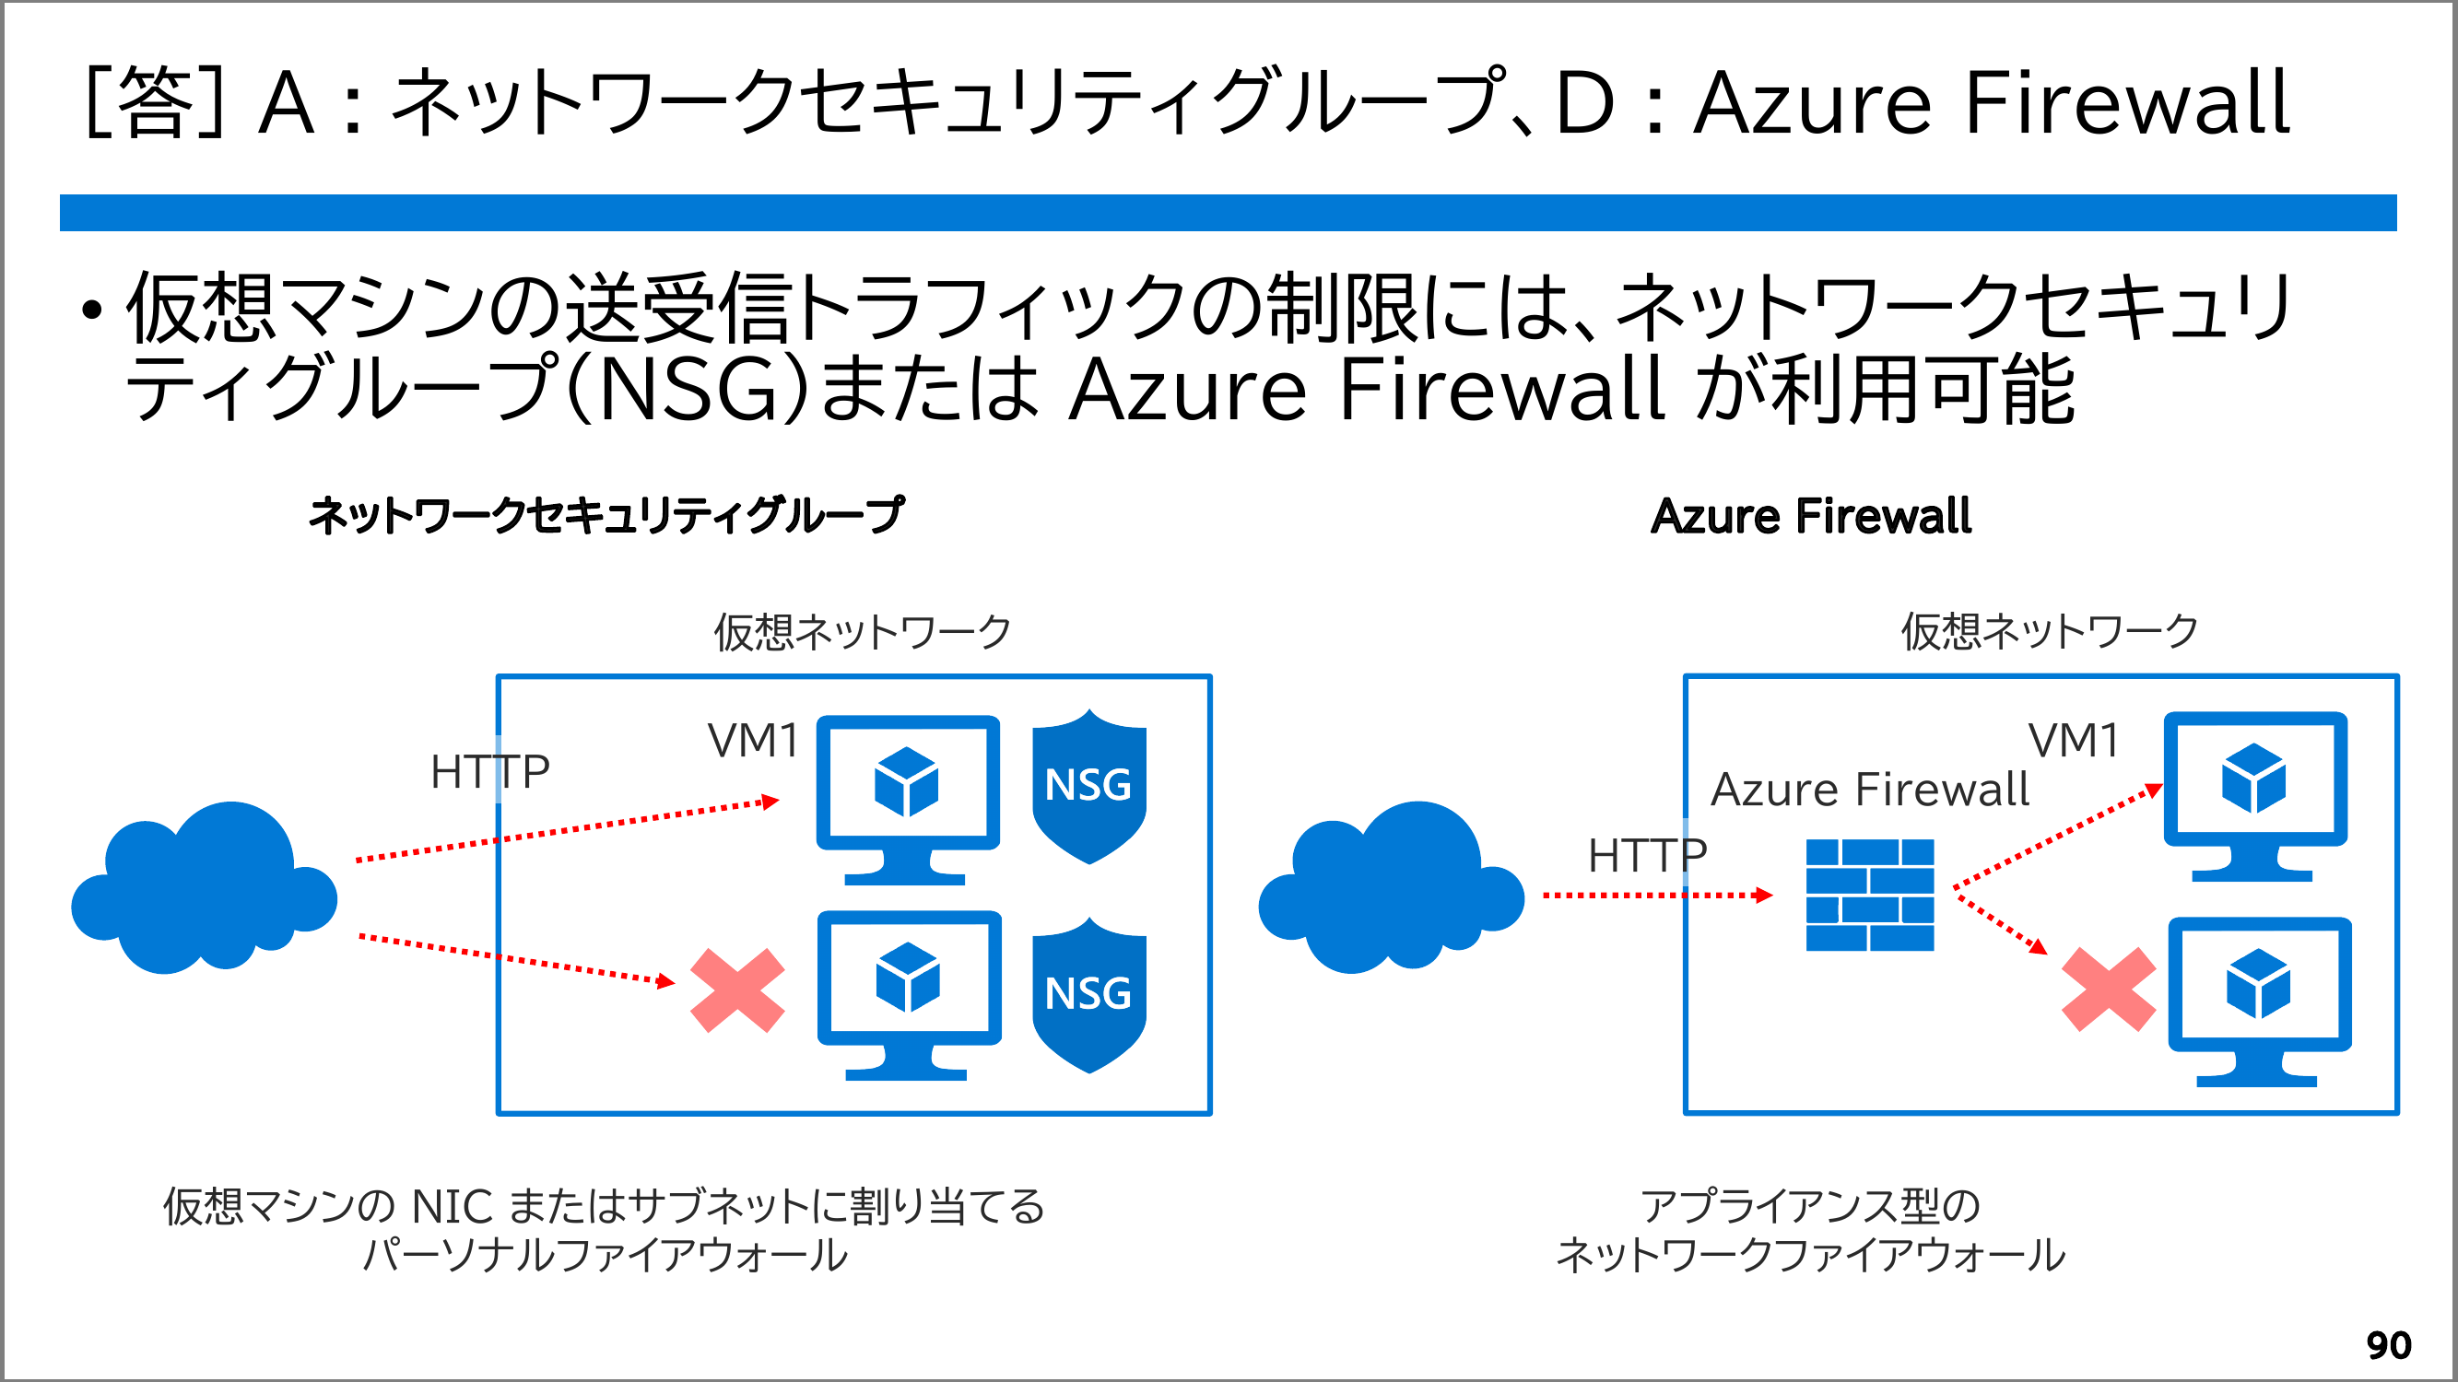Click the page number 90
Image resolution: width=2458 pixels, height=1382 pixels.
pos(2388,1345)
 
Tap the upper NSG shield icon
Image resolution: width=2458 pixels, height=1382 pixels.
pos(1088,787)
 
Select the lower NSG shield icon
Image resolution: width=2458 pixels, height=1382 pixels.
pos(1088,995)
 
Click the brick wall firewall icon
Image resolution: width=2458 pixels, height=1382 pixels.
pos(1869,895)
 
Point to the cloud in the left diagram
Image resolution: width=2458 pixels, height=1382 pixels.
pos(205,887)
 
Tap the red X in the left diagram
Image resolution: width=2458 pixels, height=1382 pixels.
pos(736,990)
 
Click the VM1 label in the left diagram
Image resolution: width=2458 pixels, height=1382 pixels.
pos(753,741)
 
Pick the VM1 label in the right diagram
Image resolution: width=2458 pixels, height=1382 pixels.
pos(2074,741)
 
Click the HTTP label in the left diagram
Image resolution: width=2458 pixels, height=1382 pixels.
pos(489,771)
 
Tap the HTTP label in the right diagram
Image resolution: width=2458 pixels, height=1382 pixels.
pos(1647,856)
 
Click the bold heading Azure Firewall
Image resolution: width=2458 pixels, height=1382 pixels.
pos(1810,516)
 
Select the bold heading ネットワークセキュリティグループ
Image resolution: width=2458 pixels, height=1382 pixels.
pos(606,516)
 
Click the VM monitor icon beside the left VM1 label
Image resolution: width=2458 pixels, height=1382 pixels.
pos(908,798)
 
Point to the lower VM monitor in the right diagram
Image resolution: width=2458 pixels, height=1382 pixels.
pos(2259,1001)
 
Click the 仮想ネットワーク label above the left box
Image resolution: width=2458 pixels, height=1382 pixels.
pos(862,631)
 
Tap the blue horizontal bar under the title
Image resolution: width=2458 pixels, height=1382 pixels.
pos(1227,213)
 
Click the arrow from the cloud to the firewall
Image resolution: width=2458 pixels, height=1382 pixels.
pos(1656,896)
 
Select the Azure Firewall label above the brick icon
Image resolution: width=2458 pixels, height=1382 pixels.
pos(1869,790)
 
